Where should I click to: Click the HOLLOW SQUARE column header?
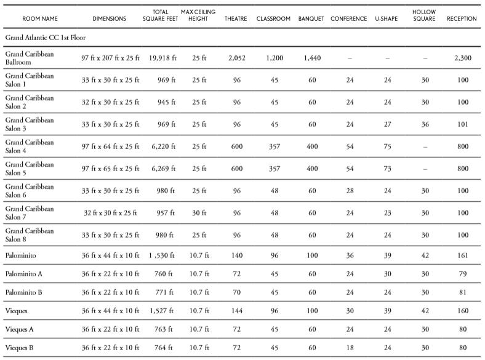coord(425,15)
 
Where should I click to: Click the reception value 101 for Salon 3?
coord(463,124)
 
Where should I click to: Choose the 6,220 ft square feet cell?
coord(162,146)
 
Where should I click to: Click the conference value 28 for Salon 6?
coord(349,191)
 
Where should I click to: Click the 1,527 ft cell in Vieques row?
coord(162,311)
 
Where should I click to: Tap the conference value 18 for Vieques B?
coord(349,348)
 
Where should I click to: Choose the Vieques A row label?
coord(20,330)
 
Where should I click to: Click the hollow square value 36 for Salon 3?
coord(425,124)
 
